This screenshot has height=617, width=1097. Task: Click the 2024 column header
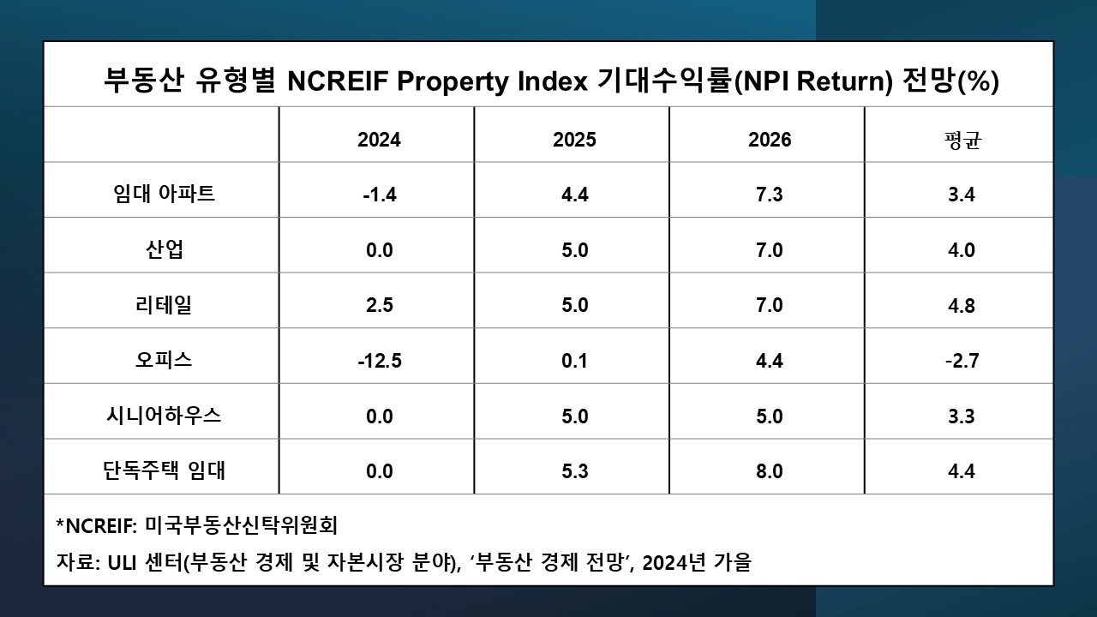coord(379,140)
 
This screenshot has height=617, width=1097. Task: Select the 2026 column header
coord(770,140)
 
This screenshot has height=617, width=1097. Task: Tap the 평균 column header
coord(962,140)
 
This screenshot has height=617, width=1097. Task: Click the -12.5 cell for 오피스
coord(379,361)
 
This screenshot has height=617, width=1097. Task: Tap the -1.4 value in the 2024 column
coord(379,195)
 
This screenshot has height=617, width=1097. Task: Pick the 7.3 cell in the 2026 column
coord(770,195)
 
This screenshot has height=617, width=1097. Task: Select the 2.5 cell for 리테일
coord(379,305)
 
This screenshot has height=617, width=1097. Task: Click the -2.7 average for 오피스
coord(962,361)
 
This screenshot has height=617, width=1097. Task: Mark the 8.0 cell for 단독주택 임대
coord(770,471)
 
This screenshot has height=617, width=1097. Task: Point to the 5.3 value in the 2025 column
coord(574,471)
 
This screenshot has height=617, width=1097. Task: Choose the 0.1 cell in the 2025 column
coord(574,361)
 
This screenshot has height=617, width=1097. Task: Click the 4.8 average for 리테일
coord(962,305)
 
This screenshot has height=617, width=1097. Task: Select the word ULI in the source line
coord(127,563)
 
